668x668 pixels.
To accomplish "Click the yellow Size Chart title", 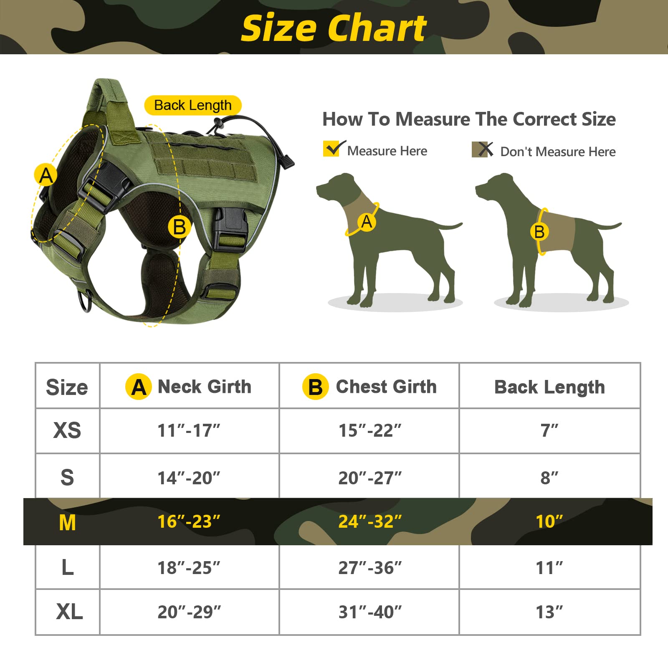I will pos(334,28).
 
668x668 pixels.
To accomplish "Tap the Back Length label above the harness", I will pos(192,105).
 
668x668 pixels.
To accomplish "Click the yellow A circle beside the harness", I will pos(46,175).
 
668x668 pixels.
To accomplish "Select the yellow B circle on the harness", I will pos(179,227).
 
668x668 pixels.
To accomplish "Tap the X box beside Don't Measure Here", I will pos(482,149).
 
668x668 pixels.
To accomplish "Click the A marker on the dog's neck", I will pos(367,222).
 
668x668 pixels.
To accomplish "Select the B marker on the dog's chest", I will pos(539,232).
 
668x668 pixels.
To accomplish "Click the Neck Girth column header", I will pos(189,387).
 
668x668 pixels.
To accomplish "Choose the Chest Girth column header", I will pos(369,387).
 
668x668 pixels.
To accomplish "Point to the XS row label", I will pos(67,430).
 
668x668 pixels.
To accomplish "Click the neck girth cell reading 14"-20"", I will pos(189,478).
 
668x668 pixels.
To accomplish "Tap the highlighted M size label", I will pos(67,522).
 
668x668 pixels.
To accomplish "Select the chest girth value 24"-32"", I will pos(370,521).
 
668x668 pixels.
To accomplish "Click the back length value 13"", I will pos(549,612).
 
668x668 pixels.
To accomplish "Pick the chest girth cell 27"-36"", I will pos(370,568).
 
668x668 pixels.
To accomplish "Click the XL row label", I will pos(69,612).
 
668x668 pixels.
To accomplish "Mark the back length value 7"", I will pos(549,430).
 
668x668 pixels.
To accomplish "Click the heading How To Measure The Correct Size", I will pos(469,119).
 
